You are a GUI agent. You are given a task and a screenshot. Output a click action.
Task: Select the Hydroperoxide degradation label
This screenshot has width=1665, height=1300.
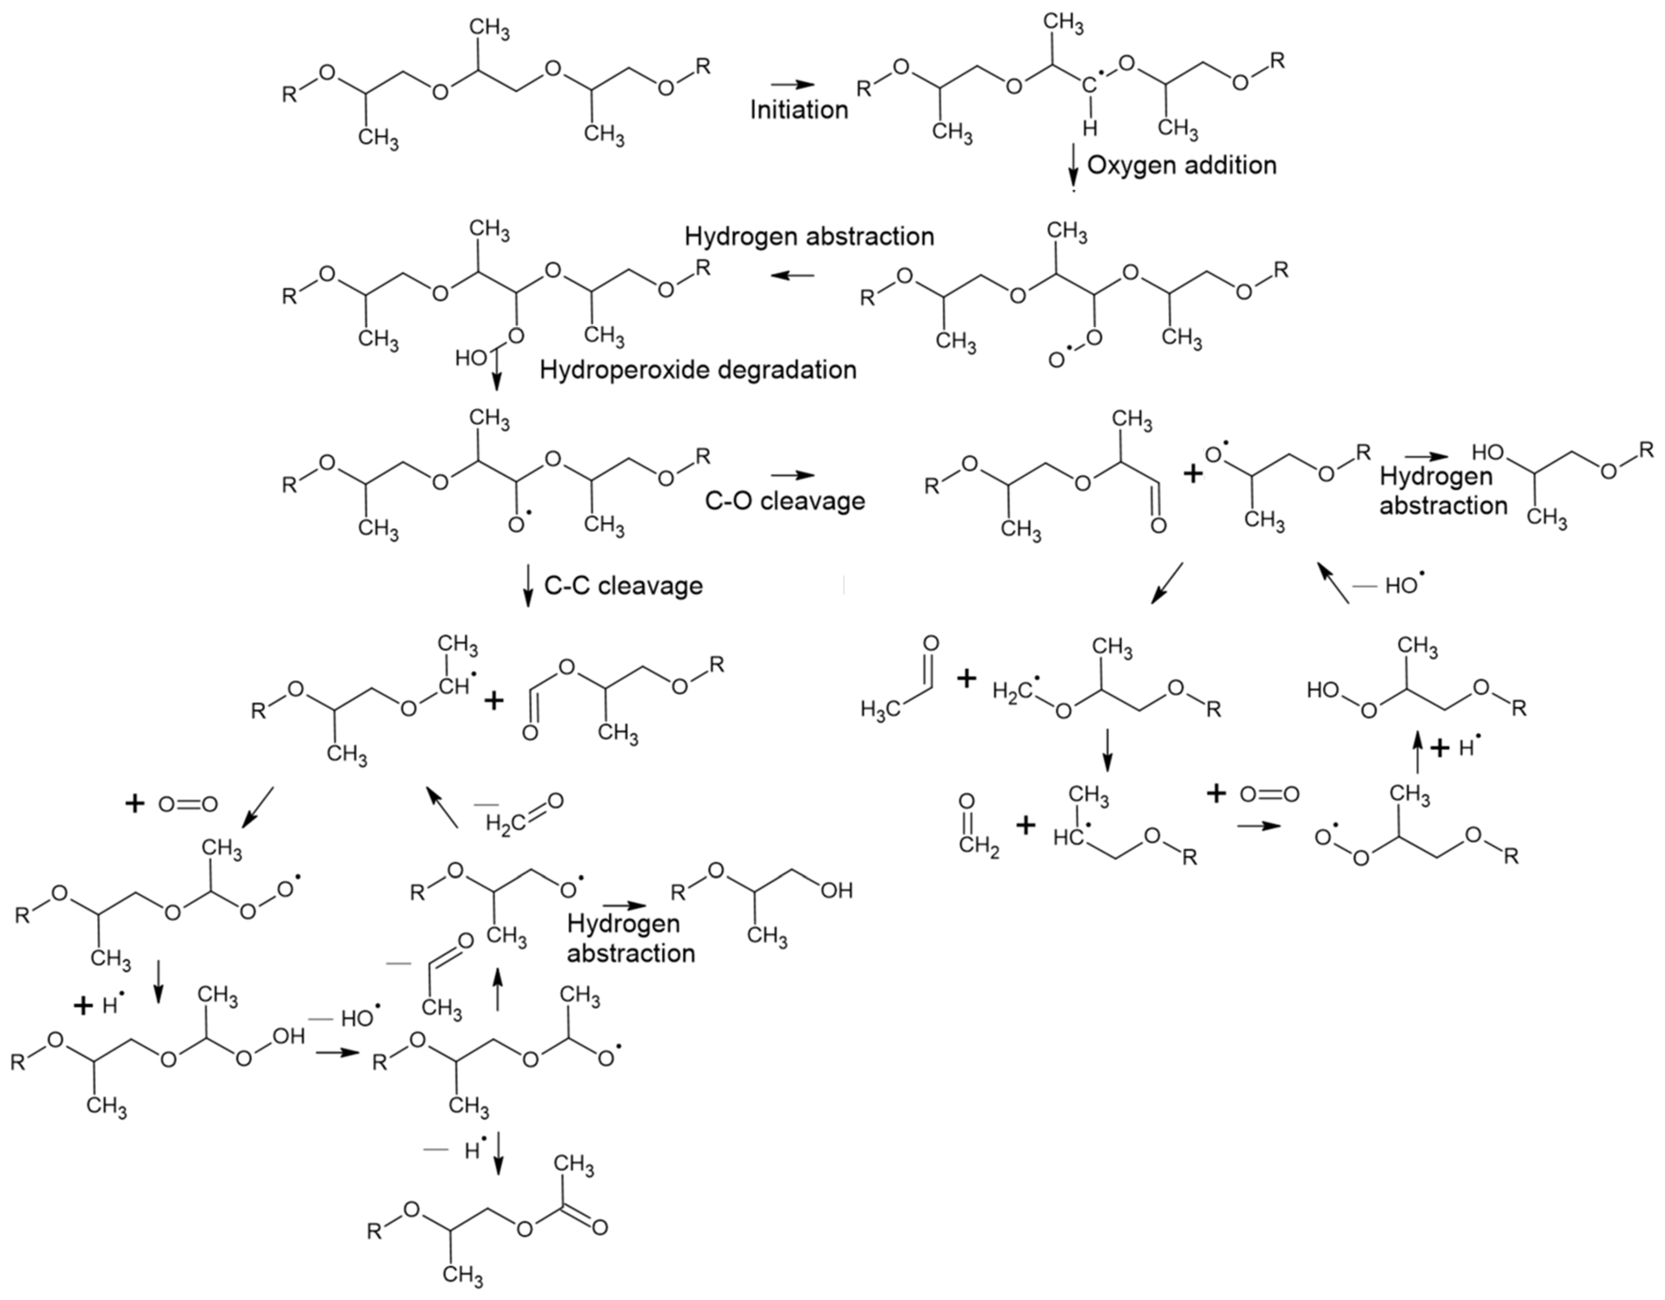coord(698,369)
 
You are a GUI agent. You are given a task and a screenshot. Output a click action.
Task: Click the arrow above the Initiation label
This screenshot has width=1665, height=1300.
coord(793,84)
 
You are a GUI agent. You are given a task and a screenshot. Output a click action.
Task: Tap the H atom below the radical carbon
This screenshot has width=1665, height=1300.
coord(1090,127)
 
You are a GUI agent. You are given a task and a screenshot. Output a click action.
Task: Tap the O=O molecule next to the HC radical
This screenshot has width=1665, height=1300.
coord(1270,795)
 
